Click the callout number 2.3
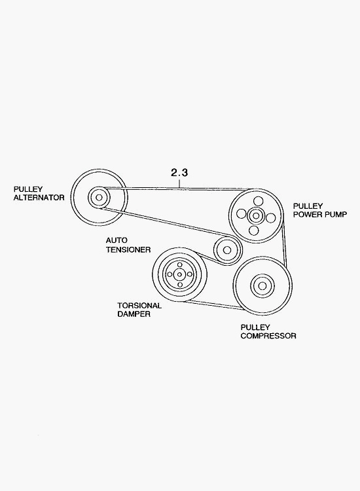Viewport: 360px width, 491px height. [179, 172]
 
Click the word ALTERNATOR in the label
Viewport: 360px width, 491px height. [39, 198]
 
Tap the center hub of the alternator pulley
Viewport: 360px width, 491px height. [99, 198]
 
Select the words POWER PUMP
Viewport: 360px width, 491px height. [320, 215]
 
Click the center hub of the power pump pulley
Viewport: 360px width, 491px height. [256, 215]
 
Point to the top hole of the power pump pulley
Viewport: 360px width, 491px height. [258, 201]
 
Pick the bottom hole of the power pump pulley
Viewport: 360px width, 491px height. [254, 230]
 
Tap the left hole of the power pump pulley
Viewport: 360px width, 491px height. [241, 214]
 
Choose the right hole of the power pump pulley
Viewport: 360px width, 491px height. [271, 217]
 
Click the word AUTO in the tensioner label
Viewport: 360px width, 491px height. [117, 240]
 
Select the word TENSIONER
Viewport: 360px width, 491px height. [128, 250]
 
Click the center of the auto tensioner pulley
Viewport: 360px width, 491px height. [228, 250]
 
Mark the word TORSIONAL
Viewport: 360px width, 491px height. [139, 306]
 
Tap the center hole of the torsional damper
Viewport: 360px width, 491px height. [180, 274]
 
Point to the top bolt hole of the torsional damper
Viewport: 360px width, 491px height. [180, 264]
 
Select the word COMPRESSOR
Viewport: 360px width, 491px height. [268, 336]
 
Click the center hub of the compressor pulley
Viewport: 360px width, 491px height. [262, 285]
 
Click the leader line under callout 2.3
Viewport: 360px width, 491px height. [179, 183]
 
